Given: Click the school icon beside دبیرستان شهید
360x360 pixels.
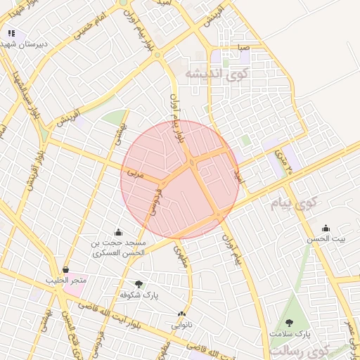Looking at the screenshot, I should (11, 33).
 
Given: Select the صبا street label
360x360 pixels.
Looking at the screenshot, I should (244, 49).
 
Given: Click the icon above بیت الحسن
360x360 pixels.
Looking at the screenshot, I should (325, 229).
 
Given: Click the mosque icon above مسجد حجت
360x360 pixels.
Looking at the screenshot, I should (117, 233).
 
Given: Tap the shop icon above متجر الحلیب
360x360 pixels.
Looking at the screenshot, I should (65, 269).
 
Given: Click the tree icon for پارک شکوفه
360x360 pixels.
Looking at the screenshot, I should (138, 285).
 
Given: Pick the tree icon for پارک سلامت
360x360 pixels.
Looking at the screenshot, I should (289, 323).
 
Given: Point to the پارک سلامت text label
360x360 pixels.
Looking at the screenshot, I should (293, 333).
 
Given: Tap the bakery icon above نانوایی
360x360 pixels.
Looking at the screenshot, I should (181, 314).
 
